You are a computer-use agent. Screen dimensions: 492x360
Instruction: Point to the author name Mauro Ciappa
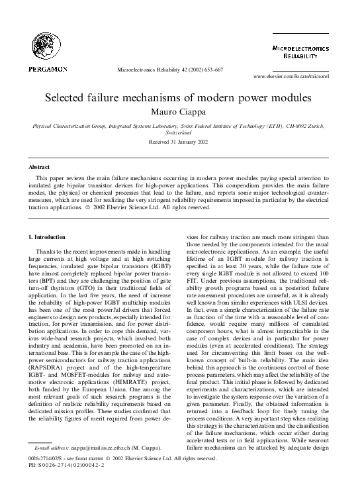tap(179, 112)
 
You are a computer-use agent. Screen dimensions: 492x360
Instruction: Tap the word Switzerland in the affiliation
tap(179, 132)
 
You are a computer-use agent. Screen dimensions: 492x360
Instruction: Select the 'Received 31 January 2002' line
tap(179, 142)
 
